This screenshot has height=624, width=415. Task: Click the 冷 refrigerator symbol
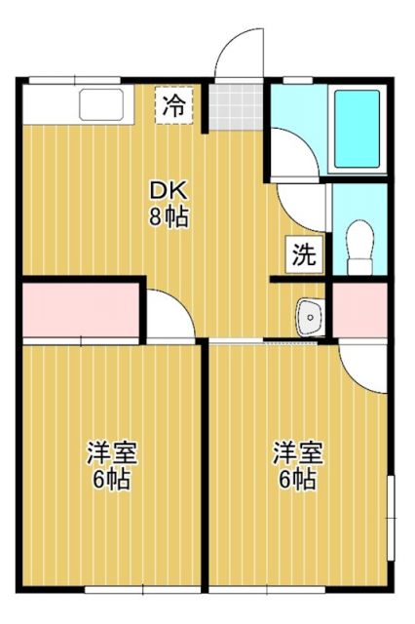click(x=175, y=106)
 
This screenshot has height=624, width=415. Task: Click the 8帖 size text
click(x=168, y=216)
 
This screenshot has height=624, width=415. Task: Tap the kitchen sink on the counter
click(x=100, y=104)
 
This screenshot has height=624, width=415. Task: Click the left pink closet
click(x=81, y=310)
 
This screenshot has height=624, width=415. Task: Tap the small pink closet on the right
click(x=360, y=311)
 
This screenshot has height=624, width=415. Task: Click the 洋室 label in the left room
click(x=112, y=453)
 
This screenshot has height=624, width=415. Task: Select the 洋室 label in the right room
click(x=297, y=453)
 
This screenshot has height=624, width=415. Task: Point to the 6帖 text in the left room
click(x=112, y=480)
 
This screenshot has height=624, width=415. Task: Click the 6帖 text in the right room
click(x=297, y=480)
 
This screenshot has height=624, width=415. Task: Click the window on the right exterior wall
click(x=392, y=512)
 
